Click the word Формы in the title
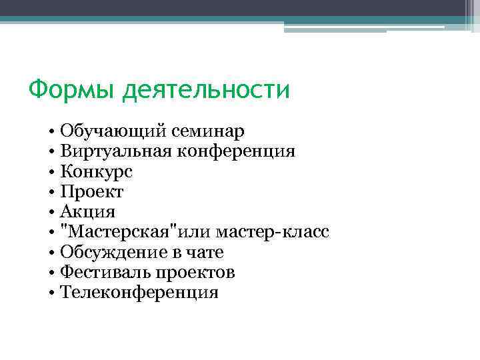click(72, 89)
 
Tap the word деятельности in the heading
click(206, 89)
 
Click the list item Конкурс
click(96, 171)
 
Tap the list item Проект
click(92, 192)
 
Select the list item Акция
click(87, 212)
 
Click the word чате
click(205, 252)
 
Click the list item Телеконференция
click(139, 292)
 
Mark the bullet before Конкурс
click(51, 172)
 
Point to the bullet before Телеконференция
click(51, 293)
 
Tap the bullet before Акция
click(51, 213)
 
